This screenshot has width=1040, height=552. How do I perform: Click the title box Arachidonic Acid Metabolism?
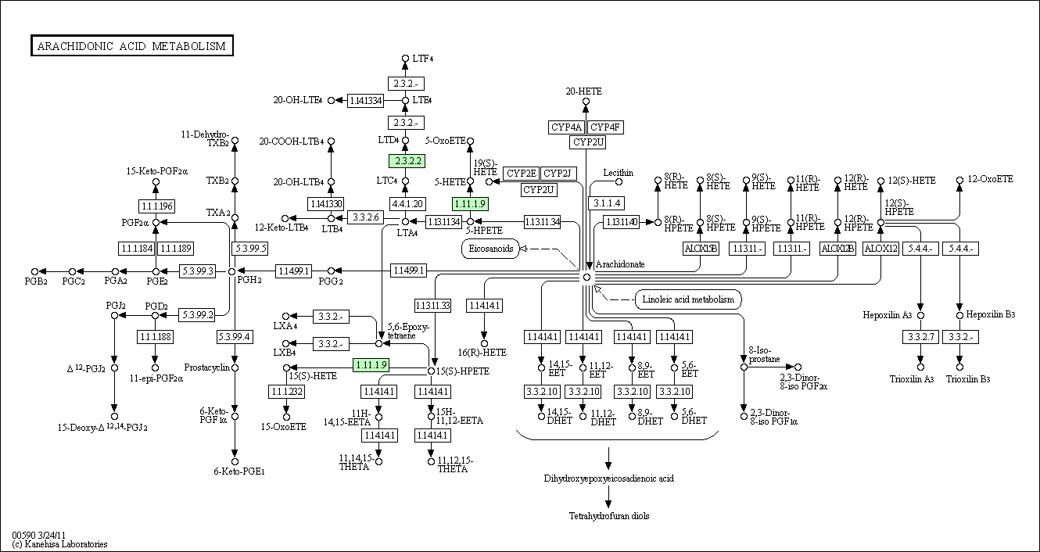pos(131,46)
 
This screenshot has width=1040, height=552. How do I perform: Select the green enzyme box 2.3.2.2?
pos(407,161)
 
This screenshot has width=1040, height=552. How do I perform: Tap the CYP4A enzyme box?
pos(566,127)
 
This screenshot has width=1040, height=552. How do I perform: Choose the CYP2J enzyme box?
pos(558,173)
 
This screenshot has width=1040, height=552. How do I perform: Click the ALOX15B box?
pos(700,249)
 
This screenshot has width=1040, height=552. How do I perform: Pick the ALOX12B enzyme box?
pos(837,249)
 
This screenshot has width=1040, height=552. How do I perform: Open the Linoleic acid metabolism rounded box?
pos(688,299)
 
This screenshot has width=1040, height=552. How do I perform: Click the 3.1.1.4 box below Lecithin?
pos(607,203)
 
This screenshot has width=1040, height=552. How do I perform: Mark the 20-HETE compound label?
pos(585,91)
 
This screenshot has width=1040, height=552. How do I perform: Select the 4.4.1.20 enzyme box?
pos(407,203)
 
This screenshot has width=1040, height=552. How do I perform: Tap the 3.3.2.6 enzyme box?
pos(365,217)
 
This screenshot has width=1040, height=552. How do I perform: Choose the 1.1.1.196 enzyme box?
pos(156,206)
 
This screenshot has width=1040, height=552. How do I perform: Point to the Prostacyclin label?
pos(205,367)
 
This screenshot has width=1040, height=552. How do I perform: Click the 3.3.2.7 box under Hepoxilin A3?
pos(920,337)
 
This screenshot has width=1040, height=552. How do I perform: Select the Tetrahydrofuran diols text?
pos(608,516)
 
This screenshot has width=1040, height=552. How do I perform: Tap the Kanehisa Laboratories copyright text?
pos(60,544)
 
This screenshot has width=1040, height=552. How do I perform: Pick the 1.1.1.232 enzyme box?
pos(286,391)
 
